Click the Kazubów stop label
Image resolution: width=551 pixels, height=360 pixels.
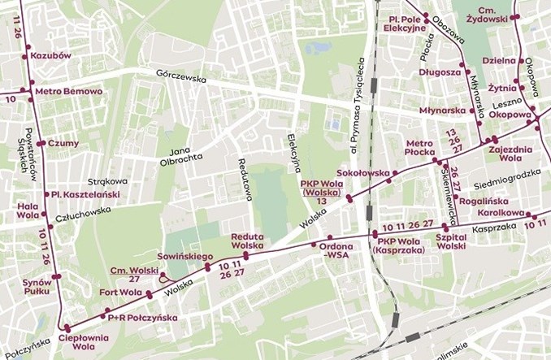tap(51, 56)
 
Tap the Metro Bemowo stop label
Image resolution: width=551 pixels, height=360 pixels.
tap(70, 91)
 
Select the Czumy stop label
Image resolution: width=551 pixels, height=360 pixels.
tap(63, 143)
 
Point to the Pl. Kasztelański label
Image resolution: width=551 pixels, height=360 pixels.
tap(85, 194)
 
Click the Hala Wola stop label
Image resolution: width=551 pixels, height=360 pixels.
tap(28, 211)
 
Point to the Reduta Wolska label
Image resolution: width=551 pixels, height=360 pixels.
tap(247, 240)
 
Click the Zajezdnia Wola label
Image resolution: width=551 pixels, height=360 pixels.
tap(510, 154)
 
